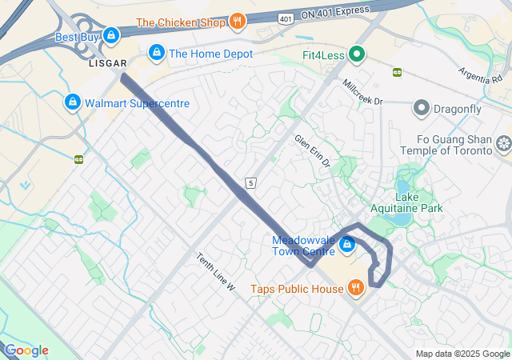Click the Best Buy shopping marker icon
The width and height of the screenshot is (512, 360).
coord(111,36)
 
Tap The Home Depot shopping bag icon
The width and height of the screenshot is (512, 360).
coord(156,54)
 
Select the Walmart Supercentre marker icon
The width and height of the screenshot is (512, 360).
coord(73,103)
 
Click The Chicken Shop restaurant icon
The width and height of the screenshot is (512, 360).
coord(237,22)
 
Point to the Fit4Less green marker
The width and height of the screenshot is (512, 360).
coord(357,55)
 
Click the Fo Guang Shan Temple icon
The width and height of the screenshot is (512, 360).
coord(503,144)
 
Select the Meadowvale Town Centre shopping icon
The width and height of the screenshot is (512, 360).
coord(346,245)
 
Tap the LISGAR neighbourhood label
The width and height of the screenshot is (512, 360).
coord(108,63)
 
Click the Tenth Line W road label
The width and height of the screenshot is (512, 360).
coord(216,271)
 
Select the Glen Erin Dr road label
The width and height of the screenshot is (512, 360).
coord(313,151)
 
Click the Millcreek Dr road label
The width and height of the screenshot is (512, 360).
coord(362,92)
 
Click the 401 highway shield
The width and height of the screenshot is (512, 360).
coord(286,18)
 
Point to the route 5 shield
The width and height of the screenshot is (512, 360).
coord(251,183)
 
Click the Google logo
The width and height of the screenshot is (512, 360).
coord(26,350)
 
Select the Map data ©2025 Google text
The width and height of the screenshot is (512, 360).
coord(462,354)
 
